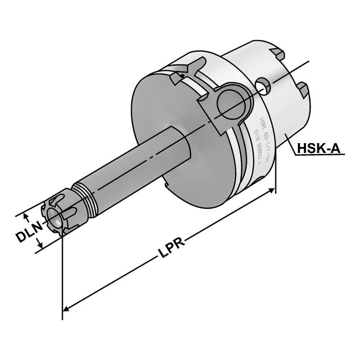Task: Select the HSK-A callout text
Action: point(319,148)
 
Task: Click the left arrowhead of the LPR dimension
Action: point(65,310)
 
